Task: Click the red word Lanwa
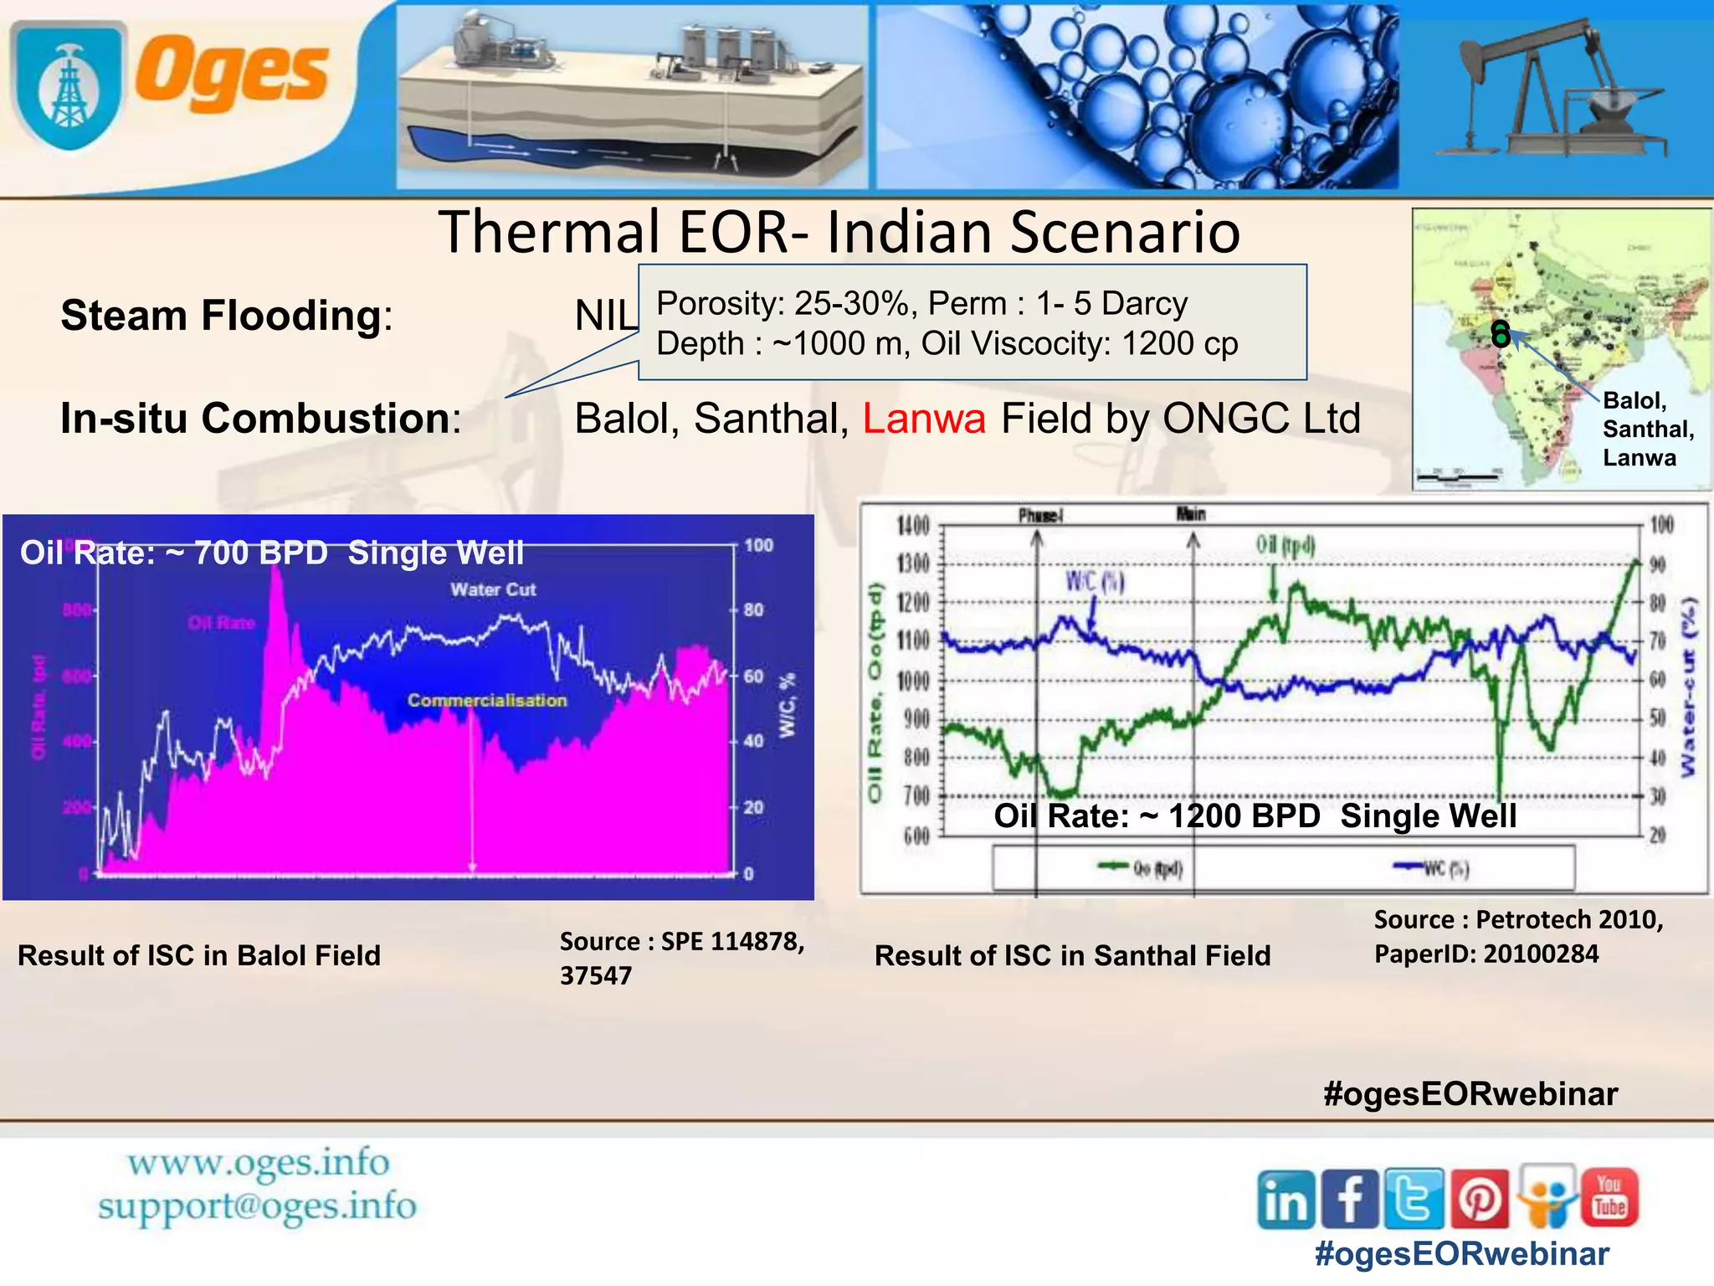[924, 418]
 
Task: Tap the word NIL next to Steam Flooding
[605, 316]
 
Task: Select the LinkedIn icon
[1286, 1200]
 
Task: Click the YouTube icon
[1609, 1196]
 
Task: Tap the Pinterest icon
[1480, 1199]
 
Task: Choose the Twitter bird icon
[1414, 1199]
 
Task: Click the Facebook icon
[1350, 1199]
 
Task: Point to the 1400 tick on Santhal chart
[914, 526]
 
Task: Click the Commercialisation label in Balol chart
[487, 700]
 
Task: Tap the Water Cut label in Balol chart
[493, 589]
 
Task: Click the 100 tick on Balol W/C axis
[758, 545]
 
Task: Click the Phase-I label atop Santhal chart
[1040, 515]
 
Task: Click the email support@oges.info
[257, 1206]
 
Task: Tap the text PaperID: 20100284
[1486, 954]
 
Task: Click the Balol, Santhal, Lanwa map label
[1646, 430]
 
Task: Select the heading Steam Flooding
[222, 316]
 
